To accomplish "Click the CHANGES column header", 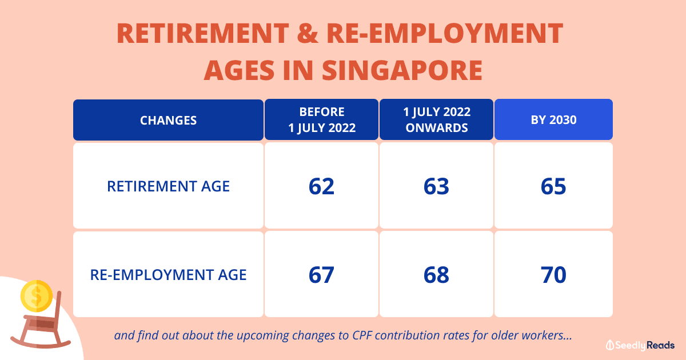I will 168,120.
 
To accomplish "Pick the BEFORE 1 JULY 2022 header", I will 321,120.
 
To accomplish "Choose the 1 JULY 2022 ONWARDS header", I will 436,120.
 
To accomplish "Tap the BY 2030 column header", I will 553,120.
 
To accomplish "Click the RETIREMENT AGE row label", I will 168,186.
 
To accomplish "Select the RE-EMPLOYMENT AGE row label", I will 168,274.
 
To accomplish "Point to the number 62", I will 321,186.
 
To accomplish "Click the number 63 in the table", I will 436,186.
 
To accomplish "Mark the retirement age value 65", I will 553,186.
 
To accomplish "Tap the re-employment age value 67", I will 321,275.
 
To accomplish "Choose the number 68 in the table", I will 436,275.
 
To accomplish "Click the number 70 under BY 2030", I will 553,275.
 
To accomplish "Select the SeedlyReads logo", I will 640,345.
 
